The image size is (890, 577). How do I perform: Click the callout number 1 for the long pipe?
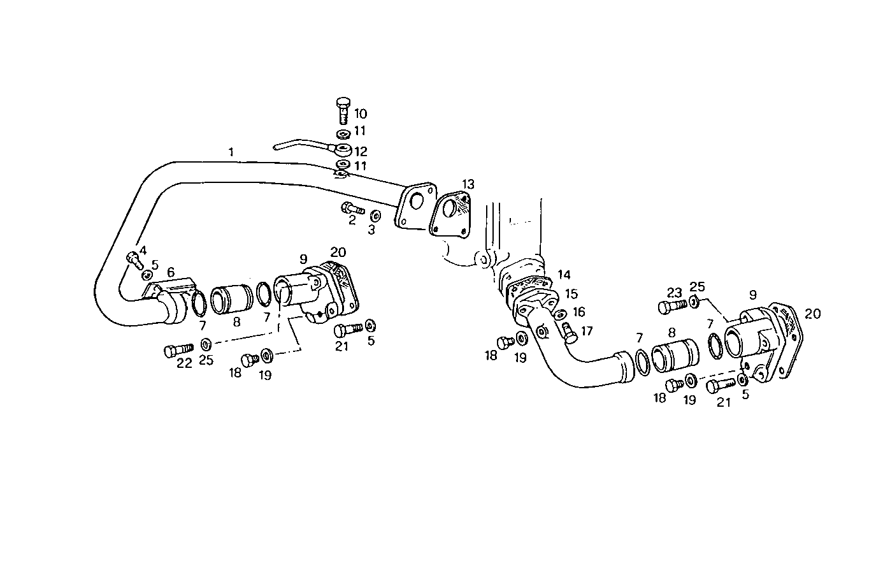point(231,152)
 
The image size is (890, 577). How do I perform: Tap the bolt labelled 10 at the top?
point(343,110)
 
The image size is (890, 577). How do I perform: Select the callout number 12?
point(361,152)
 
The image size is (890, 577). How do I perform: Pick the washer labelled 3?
point(375,215)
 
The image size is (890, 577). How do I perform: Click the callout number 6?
point(171,272)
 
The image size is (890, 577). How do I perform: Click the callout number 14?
point(564,275)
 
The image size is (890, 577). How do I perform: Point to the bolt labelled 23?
point(671,307)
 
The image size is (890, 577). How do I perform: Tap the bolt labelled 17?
point(568,332)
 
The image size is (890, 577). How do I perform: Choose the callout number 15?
point(571,294)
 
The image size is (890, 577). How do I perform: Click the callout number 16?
point(578,312)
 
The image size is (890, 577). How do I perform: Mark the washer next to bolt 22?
point(206,345)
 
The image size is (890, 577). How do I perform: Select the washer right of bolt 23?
point(693,302)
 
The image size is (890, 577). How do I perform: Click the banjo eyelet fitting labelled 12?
point(343,150)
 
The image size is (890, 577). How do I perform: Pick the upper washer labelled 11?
point(343,135)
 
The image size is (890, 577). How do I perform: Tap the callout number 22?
point(184,363)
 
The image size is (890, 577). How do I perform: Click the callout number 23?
point(675,293)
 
